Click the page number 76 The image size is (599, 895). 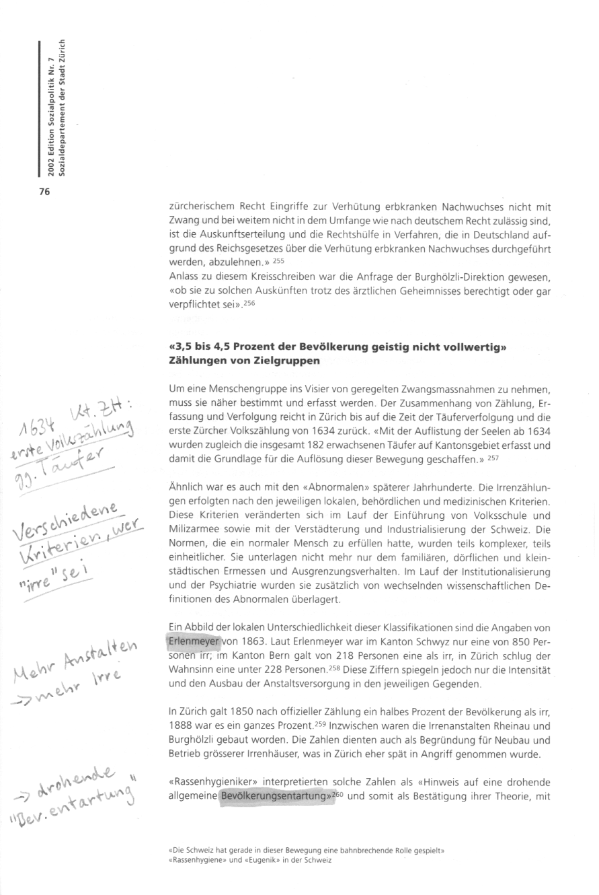44,192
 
